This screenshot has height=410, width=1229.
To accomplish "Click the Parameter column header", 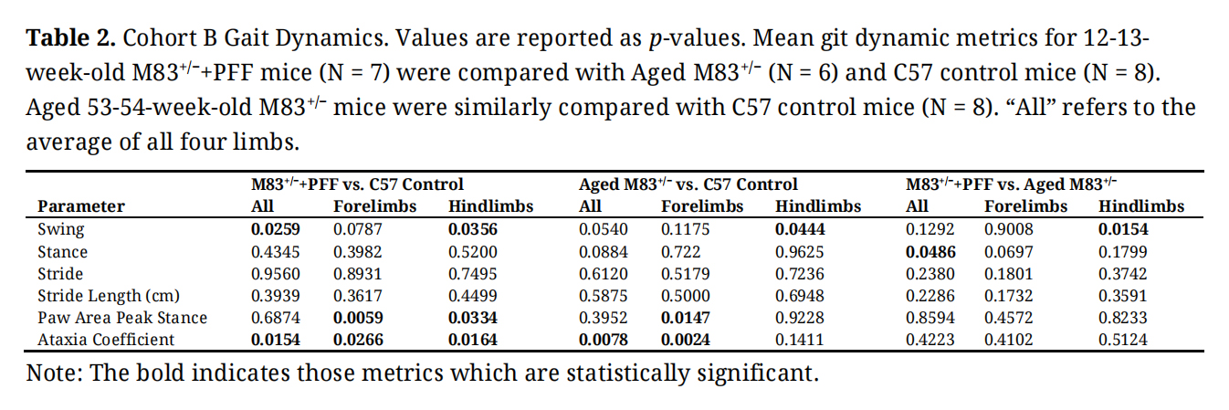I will click(x=81, y=206).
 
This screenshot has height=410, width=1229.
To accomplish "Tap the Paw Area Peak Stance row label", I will click(x=122, y=318).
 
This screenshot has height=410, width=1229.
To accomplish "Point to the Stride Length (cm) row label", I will click(x=108, y=296).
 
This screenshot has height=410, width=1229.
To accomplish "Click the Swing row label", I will click(x=60, y=230).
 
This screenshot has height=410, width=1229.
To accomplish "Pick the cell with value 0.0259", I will click(x=276, y=230).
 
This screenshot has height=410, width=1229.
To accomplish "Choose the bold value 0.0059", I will click(x=359, y=318).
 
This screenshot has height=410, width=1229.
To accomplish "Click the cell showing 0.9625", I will click(x=799, y=252).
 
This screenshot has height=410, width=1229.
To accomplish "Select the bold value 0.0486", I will click(x=930, y=252).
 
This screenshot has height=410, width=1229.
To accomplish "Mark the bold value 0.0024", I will click(x=686, y=340).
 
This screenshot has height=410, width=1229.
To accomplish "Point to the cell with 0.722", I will click(x=681, y=252).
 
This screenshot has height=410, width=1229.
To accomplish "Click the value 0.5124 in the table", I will click(x=1122, y=340).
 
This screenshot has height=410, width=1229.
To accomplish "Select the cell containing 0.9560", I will click(x=276, y=274).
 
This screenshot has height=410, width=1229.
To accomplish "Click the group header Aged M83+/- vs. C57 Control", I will click(x=688, y=184).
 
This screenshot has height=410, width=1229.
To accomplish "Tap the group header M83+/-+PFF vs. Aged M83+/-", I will click(x=1012, y=184).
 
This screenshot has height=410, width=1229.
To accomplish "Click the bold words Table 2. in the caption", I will click(x=70, y=39).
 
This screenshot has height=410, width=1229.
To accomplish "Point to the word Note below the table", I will click(x=50, y=373).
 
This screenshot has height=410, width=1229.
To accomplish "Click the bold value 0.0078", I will click(x=604, y=340).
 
